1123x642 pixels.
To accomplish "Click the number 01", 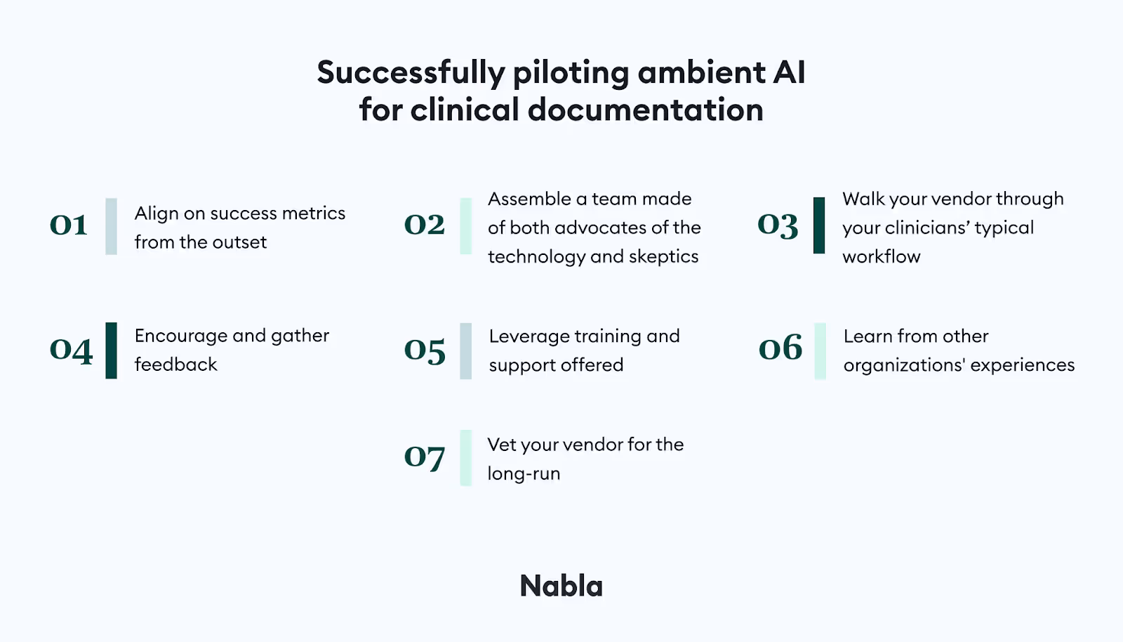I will pos(69,225).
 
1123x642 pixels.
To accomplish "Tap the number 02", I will pos(425,225).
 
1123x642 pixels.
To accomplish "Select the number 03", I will pos(778,225).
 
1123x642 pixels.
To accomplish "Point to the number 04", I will pos(71,350).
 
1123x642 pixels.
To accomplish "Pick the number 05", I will pos(425,350).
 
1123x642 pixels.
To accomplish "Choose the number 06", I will pos(780,348).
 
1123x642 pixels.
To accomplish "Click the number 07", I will pos(425,457).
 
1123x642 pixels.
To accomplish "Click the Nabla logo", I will pos(561,586).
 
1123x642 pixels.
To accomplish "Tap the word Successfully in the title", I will pos(411,72).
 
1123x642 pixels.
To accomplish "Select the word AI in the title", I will pos(789,72).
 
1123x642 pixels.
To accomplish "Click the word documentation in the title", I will pos(645,110).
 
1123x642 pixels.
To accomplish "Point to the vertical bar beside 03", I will pos(819,225).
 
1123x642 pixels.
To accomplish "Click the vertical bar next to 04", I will pos(112,351).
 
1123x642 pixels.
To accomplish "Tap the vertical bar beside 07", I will pos(466,458).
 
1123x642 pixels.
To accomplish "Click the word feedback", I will pos(175,365).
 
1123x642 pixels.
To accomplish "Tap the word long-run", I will pos(524,474).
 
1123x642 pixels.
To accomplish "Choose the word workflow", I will pos(881,257).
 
